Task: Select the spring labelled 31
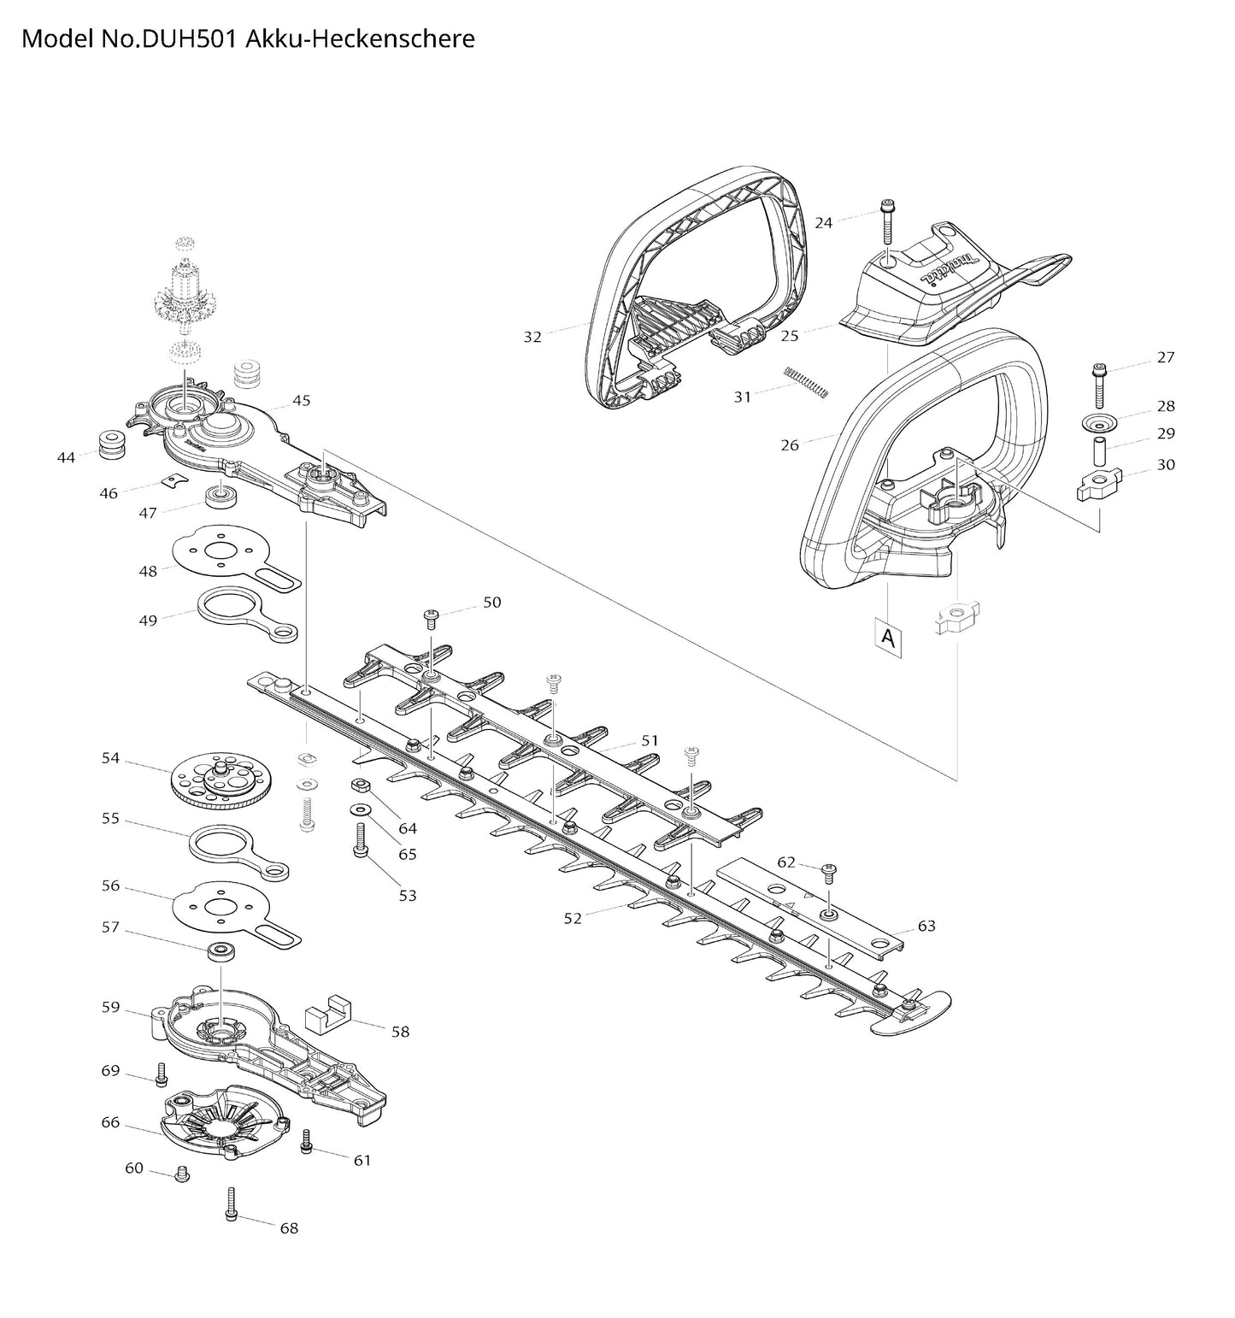tap(806, 382)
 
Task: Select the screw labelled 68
tap(232, 1204)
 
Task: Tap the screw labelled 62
tap(828, 873)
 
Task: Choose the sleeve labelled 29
tap(1099, 450)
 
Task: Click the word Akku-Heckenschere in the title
tap(360, 38)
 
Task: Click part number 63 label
tap(926, 926)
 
